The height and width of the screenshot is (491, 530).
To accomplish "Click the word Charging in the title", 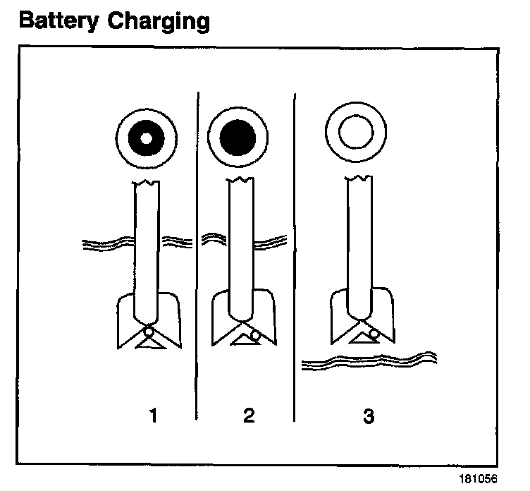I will coord(159,22).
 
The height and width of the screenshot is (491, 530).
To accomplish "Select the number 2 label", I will coord(248,416).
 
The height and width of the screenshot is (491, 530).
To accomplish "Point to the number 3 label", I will coord(368,416).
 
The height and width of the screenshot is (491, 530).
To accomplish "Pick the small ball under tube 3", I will coord(372,329).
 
